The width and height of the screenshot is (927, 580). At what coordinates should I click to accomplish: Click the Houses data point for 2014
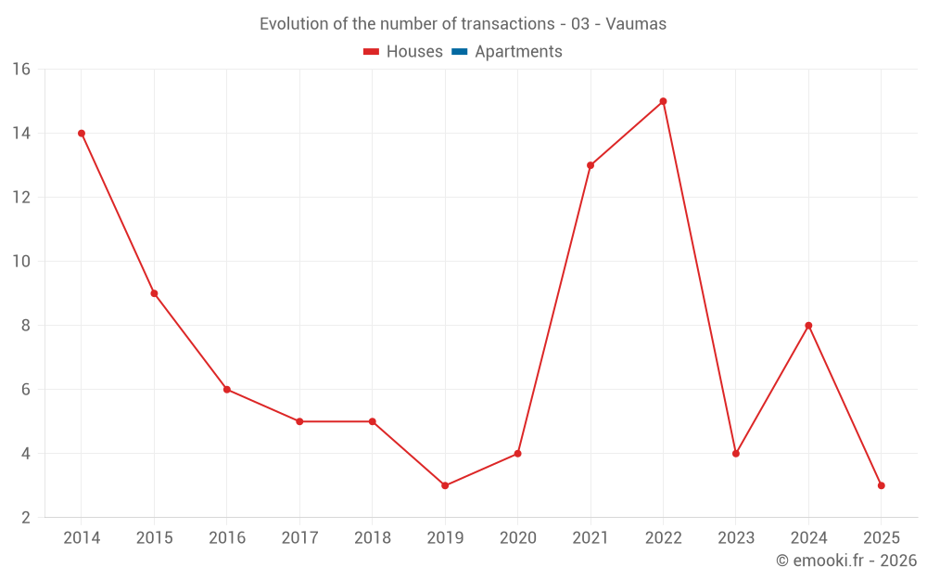point(82,134)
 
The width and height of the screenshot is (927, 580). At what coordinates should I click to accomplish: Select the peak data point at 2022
point(663,101)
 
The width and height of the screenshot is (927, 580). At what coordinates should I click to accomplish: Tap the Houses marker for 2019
point(445,485)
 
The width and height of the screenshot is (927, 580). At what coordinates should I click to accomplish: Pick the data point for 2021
point(590,165)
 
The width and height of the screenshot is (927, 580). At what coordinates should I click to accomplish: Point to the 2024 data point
point(808,326)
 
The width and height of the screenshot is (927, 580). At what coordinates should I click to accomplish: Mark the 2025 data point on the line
point(881,485)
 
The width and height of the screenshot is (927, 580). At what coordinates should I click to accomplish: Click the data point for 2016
point(227,390)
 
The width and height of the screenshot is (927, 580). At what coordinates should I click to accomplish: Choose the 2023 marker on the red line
point(736,454)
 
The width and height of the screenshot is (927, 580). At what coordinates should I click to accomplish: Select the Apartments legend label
point(518,52)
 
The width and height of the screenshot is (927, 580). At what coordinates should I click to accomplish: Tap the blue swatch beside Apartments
point(459,52)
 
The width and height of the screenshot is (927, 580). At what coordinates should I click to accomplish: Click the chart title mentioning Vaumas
point(463,24)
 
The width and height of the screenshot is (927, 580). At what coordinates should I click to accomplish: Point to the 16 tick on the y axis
point(21,70)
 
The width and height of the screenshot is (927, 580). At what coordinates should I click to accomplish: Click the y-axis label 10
point(21,262)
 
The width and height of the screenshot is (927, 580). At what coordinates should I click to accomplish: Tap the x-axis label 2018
point(372,538)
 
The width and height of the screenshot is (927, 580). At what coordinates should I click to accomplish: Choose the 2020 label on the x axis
point(517,538)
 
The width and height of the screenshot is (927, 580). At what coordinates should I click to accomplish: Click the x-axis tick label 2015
point(154,538)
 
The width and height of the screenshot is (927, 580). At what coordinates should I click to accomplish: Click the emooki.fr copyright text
point(845,561)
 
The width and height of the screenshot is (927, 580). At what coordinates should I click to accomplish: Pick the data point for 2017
point(299,421)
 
